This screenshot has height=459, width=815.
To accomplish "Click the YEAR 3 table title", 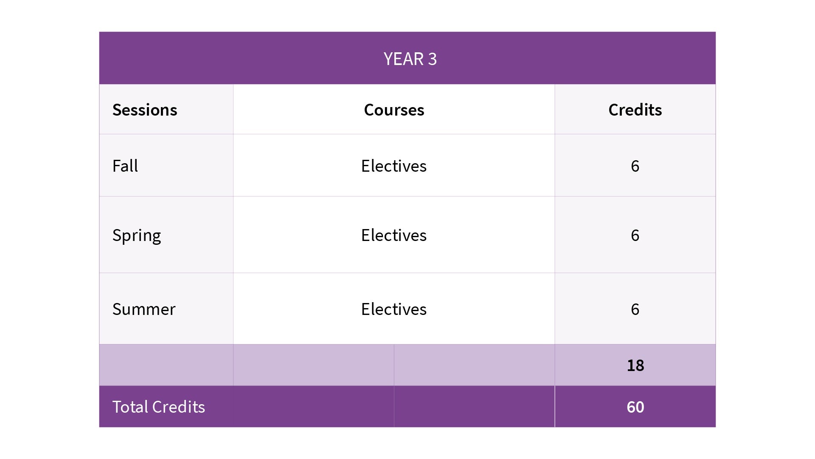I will [x=410, y=59].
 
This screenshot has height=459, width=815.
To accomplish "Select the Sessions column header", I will [x=145, y=110].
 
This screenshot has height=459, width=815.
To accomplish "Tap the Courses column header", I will [x=394, y=110].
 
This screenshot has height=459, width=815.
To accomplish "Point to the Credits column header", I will [x=635, y=110].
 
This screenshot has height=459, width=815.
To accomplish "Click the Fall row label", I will [x=125, y=166].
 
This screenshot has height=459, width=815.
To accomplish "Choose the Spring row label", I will [x=137, y=235].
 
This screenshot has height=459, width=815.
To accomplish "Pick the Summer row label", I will [x=144, y=309].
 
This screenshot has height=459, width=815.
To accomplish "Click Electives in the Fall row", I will [x=394, y=166].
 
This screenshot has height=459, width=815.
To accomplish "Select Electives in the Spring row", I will [x=394, y=235].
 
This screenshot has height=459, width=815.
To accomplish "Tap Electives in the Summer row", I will [x=394, y=309].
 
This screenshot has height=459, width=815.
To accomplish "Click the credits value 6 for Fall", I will [x=635, y=166].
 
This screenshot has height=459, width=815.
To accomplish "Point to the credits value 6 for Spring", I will [x=635, y=235].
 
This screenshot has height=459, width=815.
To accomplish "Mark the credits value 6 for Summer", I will [x=635, y=309].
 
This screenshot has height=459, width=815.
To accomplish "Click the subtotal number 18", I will [x=635, y=365].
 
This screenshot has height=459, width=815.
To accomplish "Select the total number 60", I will [x=635, y=407].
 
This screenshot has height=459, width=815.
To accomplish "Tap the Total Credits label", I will [x=159, y=407].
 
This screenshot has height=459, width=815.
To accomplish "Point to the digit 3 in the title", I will [x=432, y=59].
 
